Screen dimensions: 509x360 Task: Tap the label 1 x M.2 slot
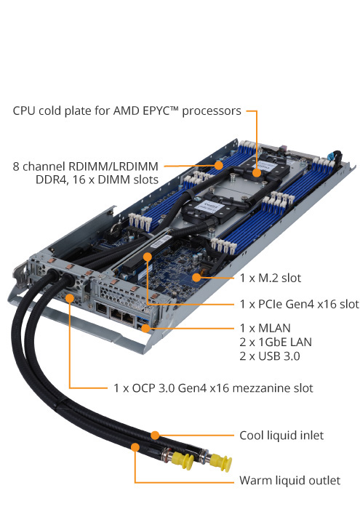pos(270,278)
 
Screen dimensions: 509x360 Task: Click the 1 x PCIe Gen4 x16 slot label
pos(299,303)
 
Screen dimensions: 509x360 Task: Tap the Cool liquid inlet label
pos(281,436)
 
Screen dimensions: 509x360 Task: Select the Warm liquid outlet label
pos(289,481)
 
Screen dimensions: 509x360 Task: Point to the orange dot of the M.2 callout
pos(197,277)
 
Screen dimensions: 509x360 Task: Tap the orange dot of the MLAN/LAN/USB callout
pos(146,328)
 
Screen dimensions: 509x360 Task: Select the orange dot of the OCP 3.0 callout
pos(69,297)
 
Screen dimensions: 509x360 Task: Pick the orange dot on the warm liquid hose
pos(135,446)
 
